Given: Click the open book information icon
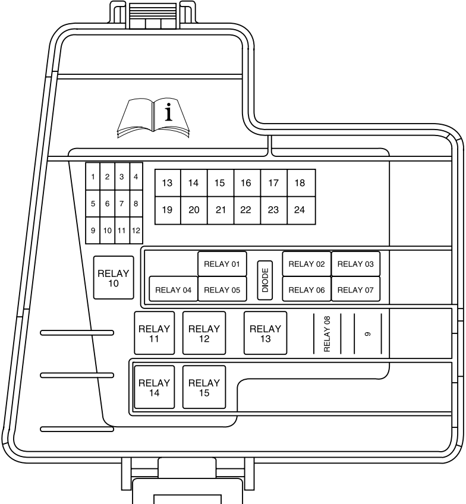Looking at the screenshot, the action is (153, 118).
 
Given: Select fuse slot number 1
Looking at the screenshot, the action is (93, 177).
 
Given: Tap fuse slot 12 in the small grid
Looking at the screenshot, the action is (136, 230).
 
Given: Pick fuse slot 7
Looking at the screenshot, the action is (122, 203).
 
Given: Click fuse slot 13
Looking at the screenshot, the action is (168, 183).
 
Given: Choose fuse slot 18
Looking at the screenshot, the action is (301, 183).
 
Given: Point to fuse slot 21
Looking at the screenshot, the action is (221, 210).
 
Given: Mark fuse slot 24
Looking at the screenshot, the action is (301, 210).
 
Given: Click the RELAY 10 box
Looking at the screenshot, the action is (114, 278).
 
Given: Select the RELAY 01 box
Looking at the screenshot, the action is (222, 264).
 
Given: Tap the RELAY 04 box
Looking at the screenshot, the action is (173, 289).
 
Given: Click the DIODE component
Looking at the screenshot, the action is (265, 281).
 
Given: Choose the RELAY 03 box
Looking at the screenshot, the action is (355, 264).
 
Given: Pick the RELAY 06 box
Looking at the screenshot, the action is (307, 289).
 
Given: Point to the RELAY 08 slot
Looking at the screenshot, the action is (327, 333).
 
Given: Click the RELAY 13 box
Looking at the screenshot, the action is (266, 333).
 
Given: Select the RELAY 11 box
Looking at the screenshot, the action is (155, 333).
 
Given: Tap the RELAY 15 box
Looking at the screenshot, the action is (204, 387).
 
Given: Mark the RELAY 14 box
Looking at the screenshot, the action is (155, 387).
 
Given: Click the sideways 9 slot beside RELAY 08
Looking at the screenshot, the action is (368, 333).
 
